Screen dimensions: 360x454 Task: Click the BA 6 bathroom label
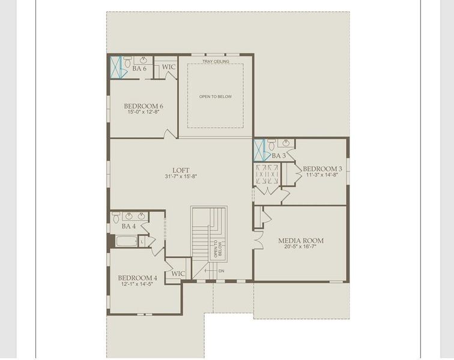[x=139, y=69]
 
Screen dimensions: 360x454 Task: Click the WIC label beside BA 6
[x=169, y=67]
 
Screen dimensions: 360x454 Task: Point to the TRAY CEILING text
[x=215, y=61]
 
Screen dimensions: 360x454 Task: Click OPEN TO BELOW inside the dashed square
[x=215, y=97]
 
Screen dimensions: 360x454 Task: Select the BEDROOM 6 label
[x=144, y=106]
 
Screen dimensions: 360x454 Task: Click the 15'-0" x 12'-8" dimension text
[x=144, y=112]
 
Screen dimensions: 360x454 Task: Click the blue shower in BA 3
[x=259, y=150]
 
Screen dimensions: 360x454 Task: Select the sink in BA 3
[x=285, y=143]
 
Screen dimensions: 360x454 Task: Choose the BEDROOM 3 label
[x=322, y=169]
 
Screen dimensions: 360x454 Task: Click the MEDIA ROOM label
[x=300, y=241]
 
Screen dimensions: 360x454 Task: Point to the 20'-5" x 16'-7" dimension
[x=300, y=248]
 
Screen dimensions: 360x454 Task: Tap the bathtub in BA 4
[x=126, y=242]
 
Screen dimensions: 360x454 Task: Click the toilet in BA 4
[x=115, y=218]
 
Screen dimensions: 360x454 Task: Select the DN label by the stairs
[x=221, y=271]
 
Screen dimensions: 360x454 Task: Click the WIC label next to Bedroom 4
[x=178, y=274]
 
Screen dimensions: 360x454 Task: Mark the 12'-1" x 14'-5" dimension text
[x=138, y=284]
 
